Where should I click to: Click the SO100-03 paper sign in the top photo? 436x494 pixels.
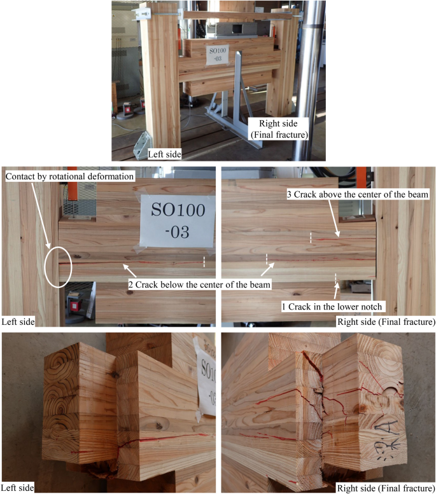click(x=218, y=55)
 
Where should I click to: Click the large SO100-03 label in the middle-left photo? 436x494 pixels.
click(x=178, y=221)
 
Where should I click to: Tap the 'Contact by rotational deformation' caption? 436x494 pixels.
click(x=70, y=177)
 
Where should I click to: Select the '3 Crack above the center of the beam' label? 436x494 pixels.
click(x=358, y=195)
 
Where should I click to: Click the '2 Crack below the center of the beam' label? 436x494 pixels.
click(x=199, y=285)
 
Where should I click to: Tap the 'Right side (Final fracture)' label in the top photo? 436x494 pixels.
click(x=279, y=129)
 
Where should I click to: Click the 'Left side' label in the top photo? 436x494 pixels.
click(x=164, y=154)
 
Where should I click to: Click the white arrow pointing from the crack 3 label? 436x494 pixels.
click(x=334, y=217)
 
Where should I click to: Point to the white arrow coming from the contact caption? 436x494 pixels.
click(x=40, y=215)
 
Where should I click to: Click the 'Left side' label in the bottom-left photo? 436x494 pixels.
click(x=17, y=488)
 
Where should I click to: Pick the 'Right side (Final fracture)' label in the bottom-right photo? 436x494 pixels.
click(x=386, y=488)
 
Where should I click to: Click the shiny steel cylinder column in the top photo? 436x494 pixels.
click(x=311, y=80)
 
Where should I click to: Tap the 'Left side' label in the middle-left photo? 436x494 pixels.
click(x=18, y=322)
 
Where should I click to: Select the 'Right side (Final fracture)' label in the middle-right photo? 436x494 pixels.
click(x=386, y=322)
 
